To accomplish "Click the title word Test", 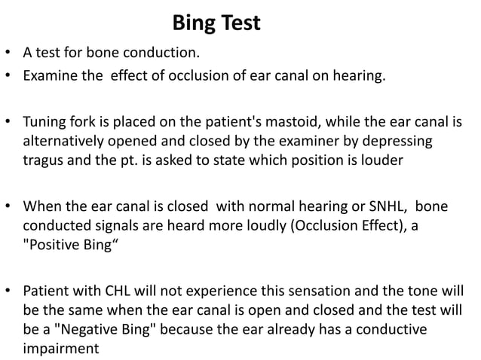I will pos(238,24).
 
